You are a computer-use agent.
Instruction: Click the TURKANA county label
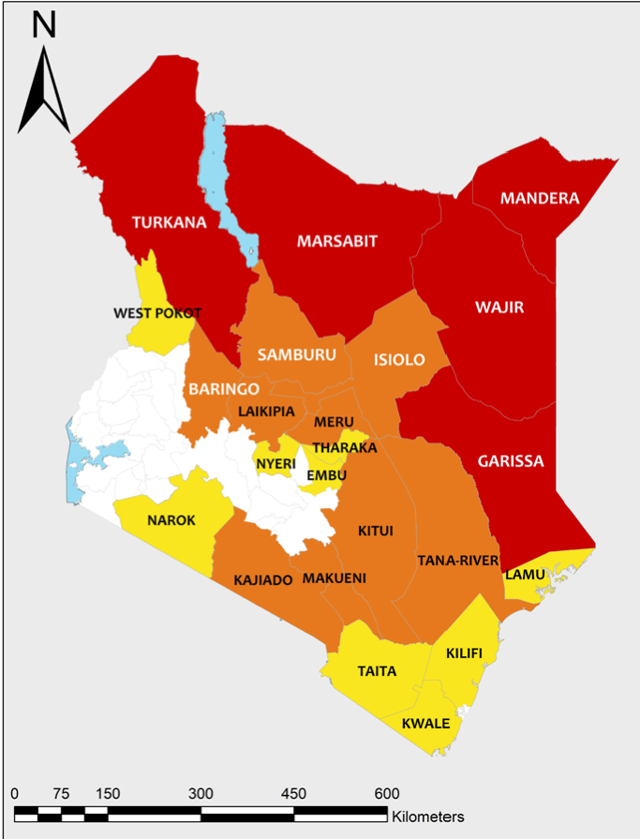point(169,222)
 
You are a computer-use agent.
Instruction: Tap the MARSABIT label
point(336,241)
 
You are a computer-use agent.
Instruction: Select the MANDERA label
point(540,199)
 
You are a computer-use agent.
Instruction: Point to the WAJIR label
point(499,307)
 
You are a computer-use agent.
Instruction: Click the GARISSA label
point(510,461)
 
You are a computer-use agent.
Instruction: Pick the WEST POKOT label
point(157,313)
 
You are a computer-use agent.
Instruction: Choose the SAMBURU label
point(295,354)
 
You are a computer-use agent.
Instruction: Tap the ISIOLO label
point(399,360)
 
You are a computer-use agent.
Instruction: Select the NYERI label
point(275,462)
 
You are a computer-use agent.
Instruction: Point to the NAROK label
point(171,520)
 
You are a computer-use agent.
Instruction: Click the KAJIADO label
point(263,580)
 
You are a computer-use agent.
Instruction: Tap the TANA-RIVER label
point(457,561)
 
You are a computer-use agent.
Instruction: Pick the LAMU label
point(526,573)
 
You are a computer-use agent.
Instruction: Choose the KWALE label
point(425,724)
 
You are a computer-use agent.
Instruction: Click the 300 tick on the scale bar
point(201,793)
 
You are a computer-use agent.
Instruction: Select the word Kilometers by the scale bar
point(427,817)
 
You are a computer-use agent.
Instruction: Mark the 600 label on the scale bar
point(387,793)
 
